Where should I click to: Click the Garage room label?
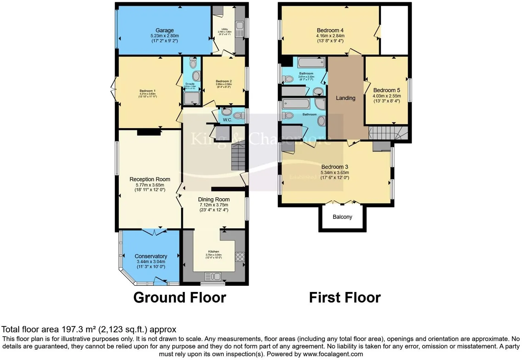point(164,30)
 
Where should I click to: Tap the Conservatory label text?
point(151,256)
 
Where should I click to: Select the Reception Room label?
point(150,179)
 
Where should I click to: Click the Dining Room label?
point(214,200)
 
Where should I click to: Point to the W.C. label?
point(227,120)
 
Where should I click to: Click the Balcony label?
point(342,217)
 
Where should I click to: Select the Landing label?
point(345,98)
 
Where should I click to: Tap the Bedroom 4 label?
point(330,31)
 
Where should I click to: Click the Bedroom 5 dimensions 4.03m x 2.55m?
point(387,96)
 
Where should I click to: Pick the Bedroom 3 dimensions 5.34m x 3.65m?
point(335,172)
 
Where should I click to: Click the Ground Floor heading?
point(180,297)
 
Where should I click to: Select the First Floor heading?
point(345,297)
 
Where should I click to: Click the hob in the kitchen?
point(240,257)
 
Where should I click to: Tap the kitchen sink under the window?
point(213,276)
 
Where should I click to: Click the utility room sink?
point(240,25)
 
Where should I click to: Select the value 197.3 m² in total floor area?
point(79,329)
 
